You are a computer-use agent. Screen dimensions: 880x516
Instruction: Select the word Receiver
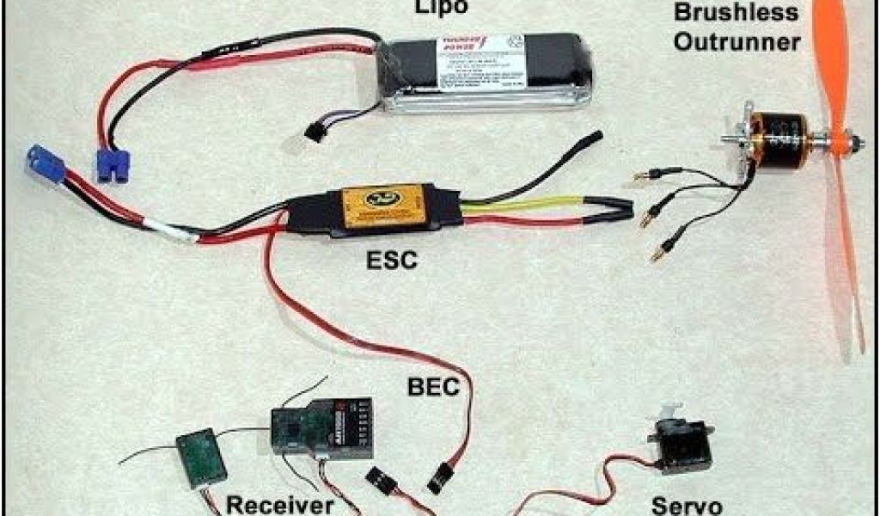278,505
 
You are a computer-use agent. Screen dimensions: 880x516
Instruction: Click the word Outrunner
736,40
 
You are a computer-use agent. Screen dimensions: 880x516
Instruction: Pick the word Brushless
737,13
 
